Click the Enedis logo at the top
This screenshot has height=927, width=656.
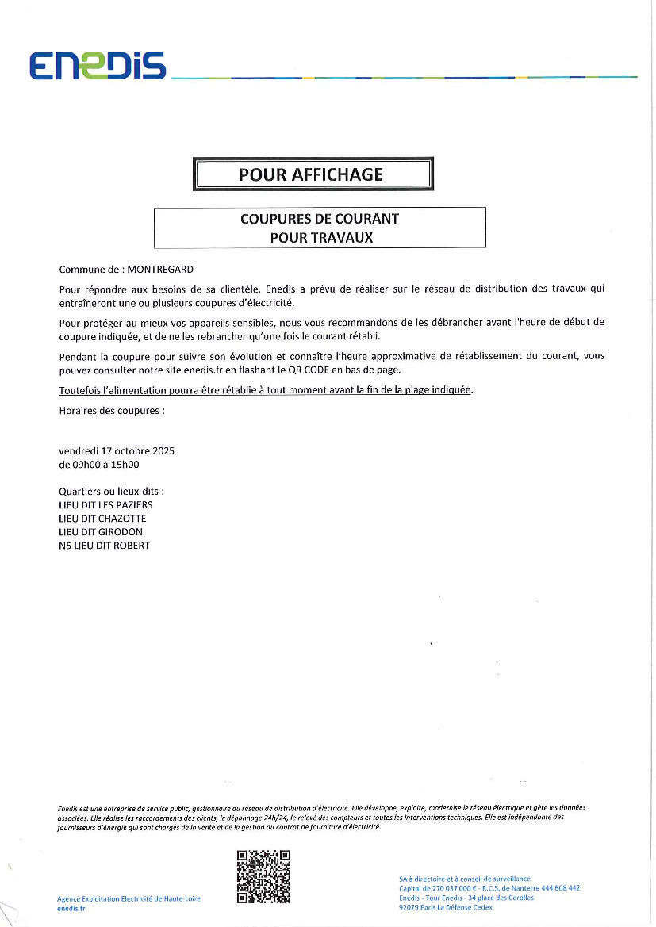pyautogui.click(x=98, y=66)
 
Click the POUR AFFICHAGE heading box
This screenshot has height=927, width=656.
pyautogui.click(x=312, y=174)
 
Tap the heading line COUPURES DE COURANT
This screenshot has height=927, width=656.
pyautogui.click(x=319, y=219)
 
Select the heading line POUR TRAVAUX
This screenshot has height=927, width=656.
pyautogui.click(x=320, y=236)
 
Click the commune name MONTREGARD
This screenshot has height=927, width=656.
pyautogui.click(x=160, y=270)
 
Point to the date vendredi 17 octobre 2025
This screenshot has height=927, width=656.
pyautogui.click(x=117, y=450)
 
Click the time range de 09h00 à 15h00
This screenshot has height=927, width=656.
pyautogui.click(x=99, y=465)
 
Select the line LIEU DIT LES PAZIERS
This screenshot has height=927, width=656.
pyautogui.click(x=105, y=504)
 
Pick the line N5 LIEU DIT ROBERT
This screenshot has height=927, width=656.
pyautogui.click(x=104, y=546)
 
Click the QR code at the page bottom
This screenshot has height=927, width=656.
pyautogui.click(x=263, y=877)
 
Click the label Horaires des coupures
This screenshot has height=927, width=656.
pyautogui.click(x=112, y=411)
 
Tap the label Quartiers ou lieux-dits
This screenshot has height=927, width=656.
pyautogui.click(x=112, y=492)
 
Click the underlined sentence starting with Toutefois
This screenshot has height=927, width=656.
pyautogui.click(x=266, y=390)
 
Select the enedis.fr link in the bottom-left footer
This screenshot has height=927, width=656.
pyautogui.click(x=71, y=909)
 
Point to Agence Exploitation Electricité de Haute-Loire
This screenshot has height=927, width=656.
pyautogui.click(x=129, y=898)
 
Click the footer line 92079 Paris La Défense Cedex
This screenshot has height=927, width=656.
pyautogui.click(x=446, y=907)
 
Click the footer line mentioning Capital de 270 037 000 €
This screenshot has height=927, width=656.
pyautogui.click(x=489, y=888)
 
